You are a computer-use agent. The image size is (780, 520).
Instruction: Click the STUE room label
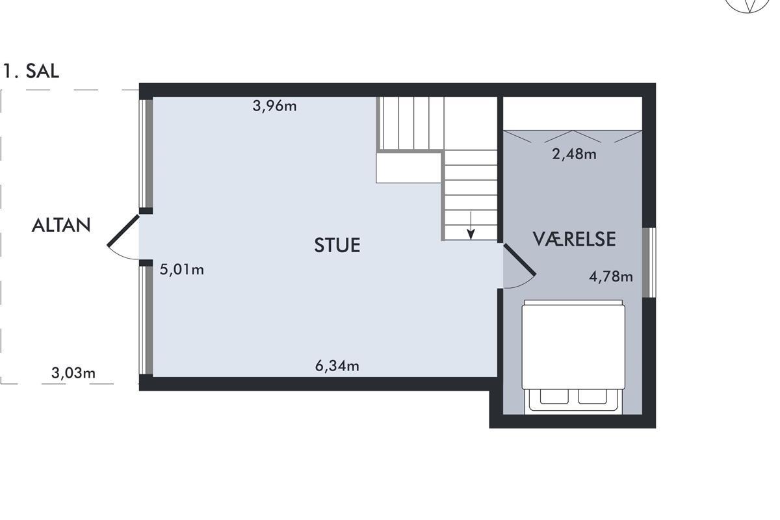[337, 245]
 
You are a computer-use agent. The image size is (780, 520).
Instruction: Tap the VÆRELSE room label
[574, 239]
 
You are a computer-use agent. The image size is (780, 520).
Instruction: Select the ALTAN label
[61, 225]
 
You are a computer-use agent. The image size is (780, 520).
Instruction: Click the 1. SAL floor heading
[31, 71]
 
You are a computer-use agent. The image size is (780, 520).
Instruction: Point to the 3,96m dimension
[274, 106]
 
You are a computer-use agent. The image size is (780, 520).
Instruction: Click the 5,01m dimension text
[182, 270]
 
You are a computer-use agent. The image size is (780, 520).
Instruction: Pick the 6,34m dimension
[337, 366]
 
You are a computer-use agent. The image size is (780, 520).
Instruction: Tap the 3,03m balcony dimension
[73, 373]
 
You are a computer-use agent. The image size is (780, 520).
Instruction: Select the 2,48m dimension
[574, 154]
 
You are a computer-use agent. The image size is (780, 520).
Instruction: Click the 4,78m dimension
[611, 276]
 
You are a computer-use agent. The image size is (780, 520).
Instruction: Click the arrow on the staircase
[471, 226]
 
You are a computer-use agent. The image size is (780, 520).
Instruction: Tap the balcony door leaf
[123, 231]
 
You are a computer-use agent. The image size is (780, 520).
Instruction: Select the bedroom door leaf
[519, 260]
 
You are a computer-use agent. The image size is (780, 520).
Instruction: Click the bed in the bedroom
[573, 357]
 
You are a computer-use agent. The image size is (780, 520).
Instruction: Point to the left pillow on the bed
[554, 396]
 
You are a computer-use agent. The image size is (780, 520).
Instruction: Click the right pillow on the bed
[593, 396]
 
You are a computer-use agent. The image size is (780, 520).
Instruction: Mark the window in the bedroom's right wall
[649, 263]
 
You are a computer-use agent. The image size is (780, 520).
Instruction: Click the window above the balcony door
[146, 153]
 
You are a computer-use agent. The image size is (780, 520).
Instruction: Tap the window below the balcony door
[146, 320]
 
